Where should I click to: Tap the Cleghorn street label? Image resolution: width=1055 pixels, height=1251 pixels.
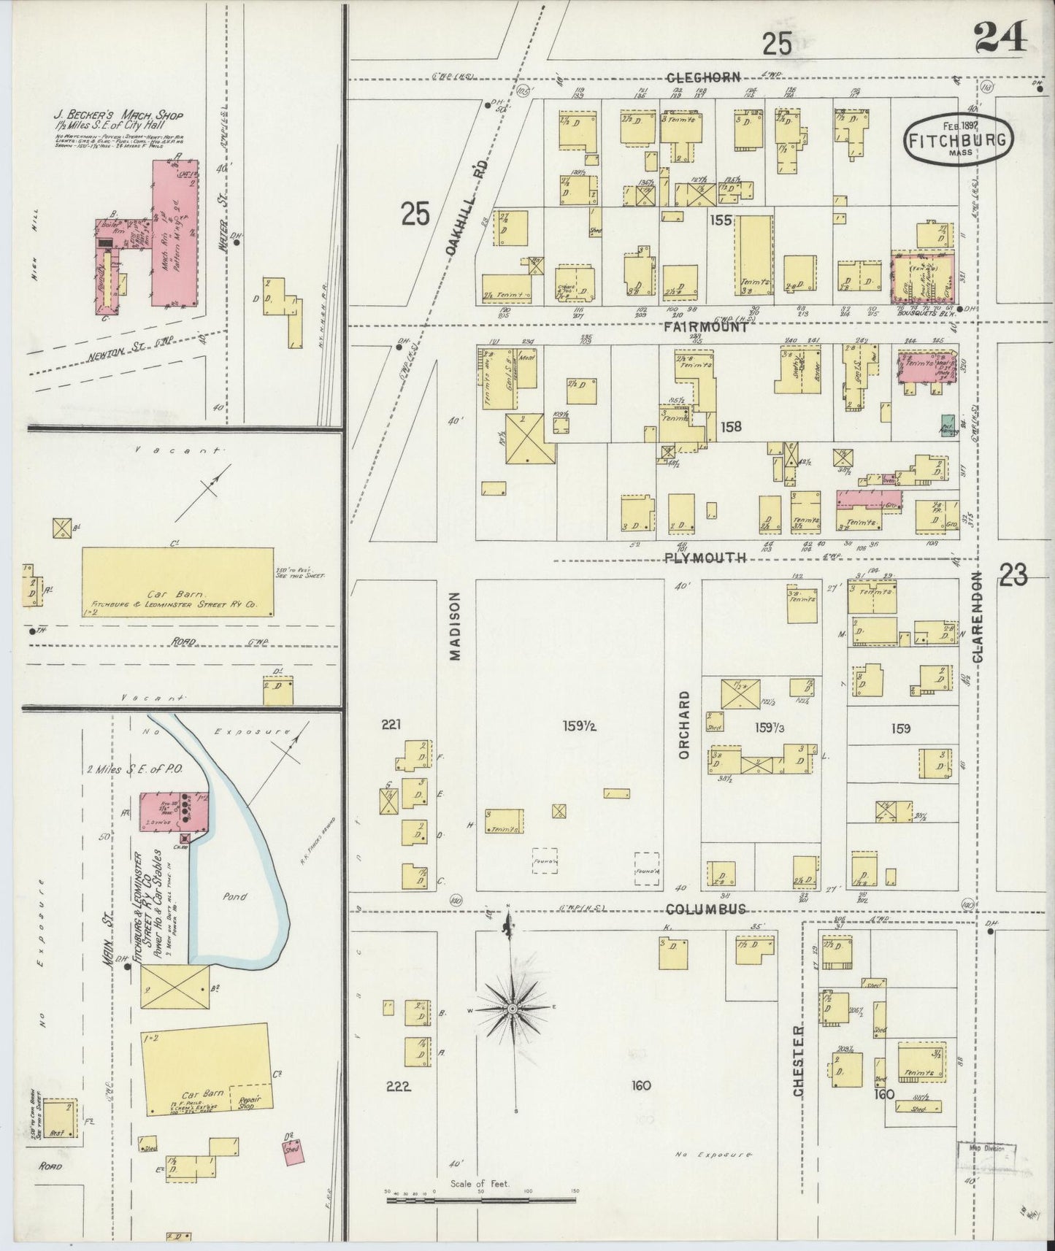pyautogui.click(x=703, y=77)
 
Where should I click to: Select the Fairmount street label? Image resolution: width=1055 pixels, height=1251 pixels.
pyautogui.click(x=705, y=328)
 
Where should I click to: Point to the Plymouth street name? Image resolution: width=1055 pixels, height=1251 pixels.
pyautogui.click(x=705, y=558)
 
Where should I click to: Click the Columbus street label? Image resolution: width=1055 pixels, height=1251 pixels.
pyautogui.click(x=707, y=909)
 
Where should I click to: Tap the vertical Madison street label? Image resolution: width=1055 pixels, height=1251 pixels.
pyautogui.click(x=456, y=625)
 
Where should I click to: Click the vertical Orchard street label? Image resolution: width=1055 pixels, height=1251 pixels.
pyautogui.click(x=684, y=724)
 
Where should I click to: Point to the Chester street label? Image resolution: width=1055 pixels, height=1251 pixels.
pyautogui.click(x=798, y=1059)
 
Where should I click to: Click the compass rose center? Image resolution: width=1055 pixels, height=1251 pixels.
pyautogui.click(x=513, y=1008)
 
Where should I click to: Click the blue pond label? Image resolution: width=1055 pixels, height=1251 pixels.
pyautogui.click(x=236, y=896)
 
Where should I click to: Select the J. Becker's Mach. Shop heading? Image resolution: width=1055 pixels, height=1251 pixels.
pyautogui.click(x=118, y=116)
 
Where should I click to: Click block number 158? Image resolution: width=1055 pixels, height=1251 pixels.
pyautogui.click(x=730, y=426)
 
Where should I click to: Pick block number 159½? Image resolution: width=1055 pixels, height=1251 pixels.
pyautogui.click(x=580, y=726)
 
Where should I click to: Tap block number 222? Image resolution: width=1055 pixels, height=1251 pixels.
pyautogui.click(x=398, y=1087)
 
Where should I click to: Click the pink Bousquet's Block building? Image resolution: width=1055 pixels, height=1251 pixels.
pyautogui.click(x=924, y=277)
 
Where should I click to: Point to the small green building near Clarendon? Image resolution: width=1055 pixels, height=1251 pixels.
pyautogui.click(x=948, y=426)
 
